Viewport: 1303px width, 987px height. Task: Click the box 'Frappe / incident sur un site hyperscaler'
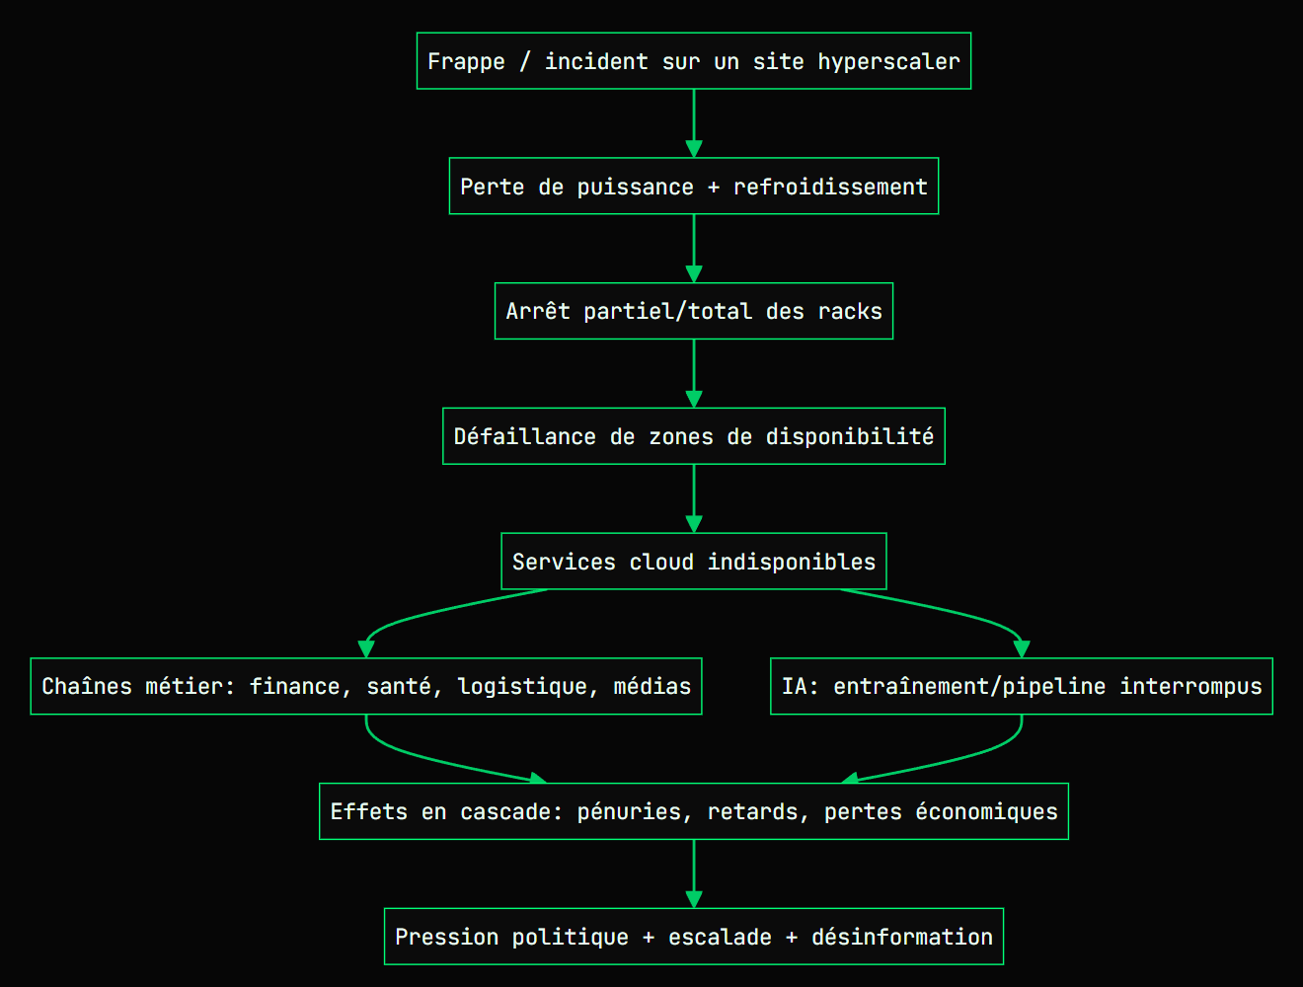[x=693, y=61]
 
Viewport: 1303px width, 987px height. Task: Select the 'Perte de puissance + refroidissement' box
[x=693, y=187]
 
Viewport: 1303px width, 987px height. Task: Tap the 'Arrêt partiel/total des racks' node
[x=693, y=311]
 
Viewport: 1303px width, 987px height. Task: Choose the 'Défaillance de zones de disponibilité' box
[x=693, y=436]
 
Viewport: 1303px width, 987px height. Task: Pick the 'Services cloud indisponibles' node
[x=693, y=562]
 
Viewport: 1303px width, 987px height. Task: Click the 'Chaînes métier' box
[x=365, y=686]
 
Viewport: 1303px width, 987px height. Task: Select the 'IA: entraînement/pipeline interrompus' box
[x=1021, y=686]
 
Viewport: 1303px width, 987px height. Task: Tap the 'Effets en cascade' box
[x=693, y=811]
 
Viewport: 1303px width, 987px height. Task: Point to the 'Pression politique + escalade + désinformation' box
[x=693, y=937]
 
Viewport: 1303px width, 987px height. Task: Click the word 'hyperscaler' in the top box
[x=888, y=61]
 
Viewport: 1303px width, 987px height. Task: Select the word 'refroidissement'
[x=830, y=187]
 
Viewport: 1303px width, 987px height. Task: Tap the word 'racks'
[x=850, y=311]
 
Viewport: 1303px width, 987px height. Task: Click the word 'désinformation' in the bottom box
[x=902, y=937]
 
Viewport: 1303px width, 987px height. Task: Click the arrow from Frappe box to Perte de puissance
[x=694, y=123]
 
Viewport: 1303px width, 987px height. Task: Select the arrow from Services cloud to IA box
[x=948, y=610]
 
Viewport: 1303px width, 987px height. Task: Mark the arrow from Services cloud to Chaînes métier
[x=444, y=610]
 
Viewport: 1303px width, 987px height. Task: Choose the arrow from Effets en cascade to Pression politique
[x=694, y=873]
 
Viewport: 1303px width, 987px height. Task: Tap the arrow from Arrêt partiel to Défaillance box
[x=694, y=373]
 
